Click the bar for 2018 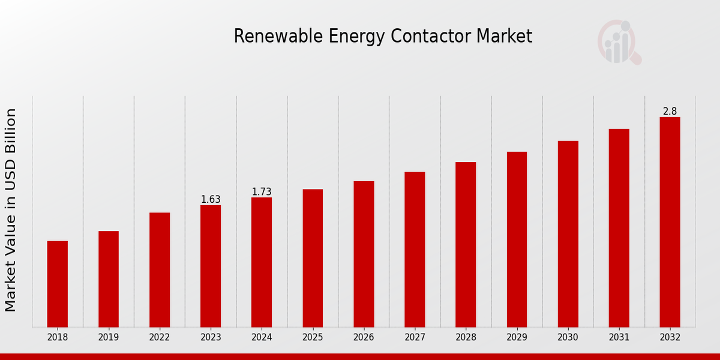58,284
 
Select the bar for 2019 109,279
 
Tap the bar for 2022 160,270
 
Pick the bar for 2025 313,258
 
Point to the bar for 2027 415,250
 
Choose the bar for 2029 517,239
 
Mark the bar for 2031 619,228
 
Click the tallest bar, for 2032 670,222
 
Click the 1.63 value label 211,199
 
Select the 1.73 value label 262,192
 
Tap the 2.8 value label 670,112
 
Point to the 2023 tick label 211,337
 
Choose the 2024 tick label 262,337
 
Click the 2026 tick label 364,337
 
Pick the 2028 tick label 466,337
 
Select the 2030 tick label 568,337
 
